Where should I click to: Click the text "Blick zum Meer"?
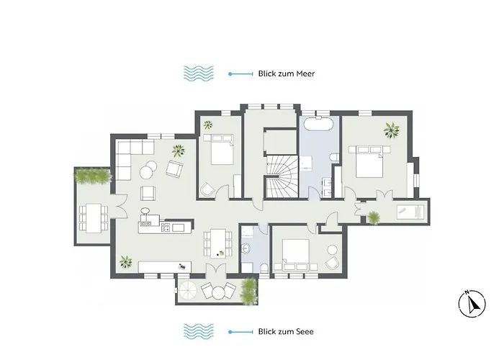tap(287, 73)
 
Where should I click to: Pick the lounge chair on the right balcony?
tap(411, 210)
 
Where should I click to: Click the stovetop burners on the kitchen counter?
tap(163, 228)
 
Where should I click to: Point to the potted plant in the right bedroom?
tap(391, 130)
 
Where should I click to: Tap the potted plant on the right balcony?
tap(375, 215)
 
